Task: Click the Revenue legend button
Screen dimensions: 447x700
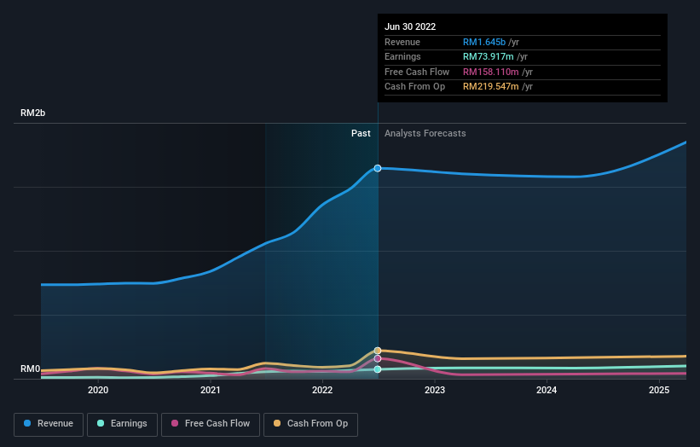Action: click(x=49, y=424)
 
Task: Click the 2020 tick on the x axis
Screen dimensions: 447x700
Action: click(x=98, y=391)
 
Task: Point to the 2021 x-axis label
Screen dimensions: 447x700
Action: click(x=210, y=391)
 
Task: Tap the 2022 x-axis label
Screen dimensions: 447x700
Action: click(x=322, y=391)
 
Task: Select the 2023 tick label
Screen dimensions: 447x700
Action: click(x=435, y=391)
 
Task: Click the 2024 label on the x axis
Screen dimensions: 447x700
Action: click(x=547, y=391)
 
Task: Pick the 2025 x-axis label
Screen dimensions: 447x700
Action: click(x=659, y=391)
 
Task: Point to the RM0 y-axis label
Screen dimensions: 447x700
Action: click(x=31, y=369)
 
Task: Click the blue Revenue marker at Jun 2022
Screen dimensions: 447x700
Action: click(x=378, y=168)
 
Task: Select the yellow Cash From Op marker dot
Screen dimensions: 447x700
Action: click(x=378, y=351)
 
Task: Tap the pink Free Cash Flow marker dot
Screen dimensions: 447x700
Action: click(x=378, y=358)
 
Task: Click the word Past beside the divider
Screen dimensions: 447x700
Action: click(x=361, y=133)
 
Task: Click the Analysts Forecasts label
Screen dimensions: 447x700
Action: click(x=425, y=133)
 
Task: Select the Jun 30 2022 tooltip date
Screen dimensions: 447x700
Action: click(x=410, y=26)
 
